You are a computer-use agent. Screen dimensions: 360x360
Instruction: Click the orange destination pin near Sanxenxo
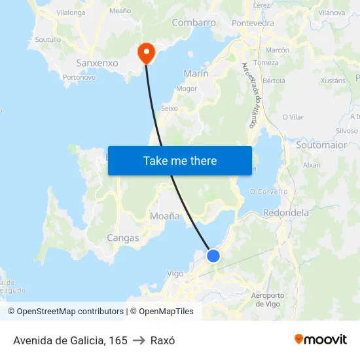click(x=145, y=52)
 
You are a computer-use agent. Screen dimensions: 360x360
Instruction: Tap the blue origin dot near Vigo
click(x=213, y=256)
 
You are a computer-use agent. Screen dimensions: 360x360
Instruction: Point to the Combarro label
click(x=194, y=23)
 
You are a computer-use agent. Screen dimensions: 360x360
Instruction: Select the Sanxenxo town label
click(x=98, y=63)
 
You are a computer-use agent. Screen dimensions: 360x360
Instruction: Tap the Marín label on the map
click(x=196, y=74)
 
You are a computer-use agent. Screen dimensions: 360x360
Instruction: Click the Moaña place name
click(x=165, y=215)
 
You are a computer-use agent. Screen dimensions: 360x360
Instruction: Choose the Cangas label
click(x=123, y=238)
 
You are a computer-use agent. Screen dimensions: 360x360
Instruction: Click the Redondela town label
click(x=285, y=213)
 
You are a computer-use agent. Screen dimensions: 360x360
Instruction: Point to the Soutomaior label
click(x=321, y=145)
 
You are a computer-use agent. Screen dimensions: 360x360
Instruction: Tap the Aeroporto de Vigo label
click(x=267, y=299)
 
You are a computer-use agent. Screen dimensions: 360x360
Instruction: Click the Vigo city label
click(x=175, y=274)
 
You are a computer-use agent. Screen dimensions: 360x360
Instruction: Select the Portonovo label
click(x=79, y=77)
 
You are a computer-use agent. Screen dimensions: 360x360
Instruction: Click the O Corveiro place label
click(x=268, y=192)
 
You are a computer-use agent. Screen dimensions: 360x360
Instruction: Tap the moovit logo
click(x=321, y=339)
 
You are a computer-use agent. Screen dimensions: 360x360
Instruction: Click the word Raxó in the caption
click(x=162, y=340)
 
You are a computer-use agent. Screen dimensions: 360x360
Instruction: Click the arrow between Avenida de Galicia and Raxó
click(x=139, y=340)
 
